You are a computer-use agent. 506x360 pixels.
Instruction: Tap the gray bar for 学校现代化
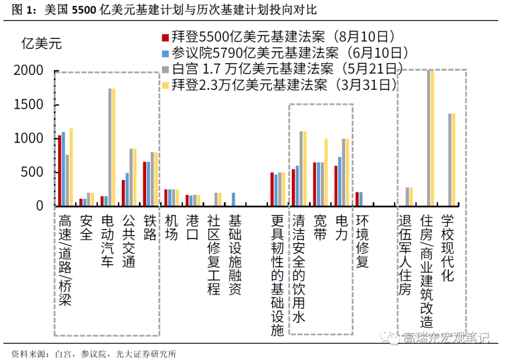[450, 159]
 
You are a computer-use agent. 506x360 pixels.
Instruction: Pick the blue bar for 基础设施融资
[233, 199]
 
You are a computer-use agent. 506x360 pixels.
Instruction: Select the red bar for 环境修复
[357, 199]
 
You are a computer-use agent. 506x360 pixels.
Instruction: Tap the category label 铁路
[149, 228]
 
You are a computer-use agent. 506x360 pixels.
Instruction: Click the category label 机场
[171, 228]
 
